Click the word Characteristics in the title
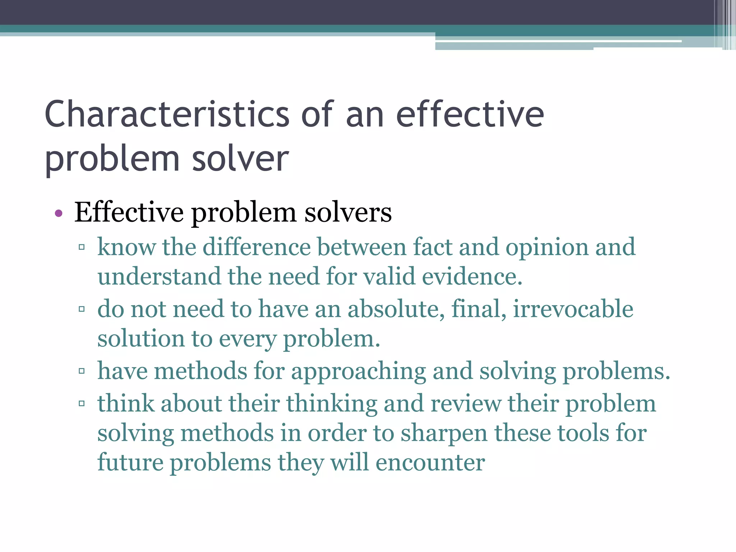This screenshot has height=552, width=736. coord(167,114)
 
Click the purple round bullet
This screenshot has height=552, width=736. coord(59,214)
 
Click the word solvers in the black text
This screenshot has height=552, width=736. coord(348,212)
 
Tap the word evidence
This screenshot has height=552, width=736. coord(472,277)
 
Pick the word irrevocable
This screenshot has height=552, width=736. coord(573,309)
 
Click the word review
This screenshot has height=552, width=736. coord(466,404)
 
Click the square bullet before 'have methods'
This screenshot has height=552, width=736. coord(82,371)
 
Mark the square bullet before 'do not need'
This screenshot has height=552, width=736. coord(82,309)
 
